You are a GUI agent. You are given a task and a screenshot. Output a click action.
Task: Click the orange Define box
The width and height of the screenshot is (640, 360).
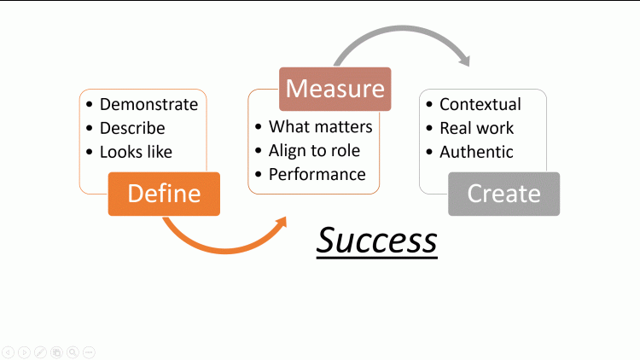tap(164, 194)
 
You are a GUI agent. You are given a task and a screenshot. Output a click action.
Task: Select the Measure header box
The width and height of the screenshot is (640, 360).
tap(335, 89)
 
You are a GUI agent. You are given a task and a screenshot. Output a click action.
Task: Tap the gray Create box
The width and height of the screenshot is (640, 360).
tap(503, 194)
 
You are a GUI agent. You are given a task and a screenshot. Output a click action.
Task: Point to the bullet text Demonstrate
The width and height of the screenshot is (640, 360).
tap(148, 105)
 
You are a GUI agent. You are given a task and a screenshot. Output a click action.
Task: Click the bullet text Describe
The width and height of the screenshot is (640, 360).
tap(132, 129)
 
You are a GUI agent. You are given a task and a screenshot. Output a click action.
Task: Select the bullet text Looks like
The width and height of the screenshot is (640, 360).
tap(136, 152)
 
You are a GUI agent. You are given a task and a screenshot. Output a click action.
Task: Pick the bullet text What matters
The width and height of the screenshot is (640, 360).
tap(320, 127)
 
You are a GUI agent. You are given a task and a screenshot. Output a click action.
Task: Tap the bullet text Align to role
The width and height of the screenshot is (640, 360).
tap(314, 151)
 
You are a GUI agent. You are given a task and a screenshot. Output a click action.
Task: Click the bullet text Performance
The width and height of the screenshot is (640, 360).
tap(317, 174)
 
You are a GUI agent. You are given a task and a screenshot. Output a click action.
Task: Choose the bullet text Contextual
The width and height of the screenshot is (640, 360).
tap(480, 105)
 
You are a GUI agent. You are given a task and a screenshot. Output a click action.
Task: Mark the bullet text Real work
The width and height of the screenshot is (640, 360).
tap(476, 129)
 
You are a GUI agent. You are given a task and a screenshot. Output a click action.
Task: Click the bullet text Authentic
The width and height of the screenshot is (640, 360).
tap(476, 152)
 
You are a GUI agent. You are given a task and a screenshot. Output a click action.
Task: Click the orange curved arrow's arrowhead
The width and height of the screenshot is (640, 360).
tap(280, 223)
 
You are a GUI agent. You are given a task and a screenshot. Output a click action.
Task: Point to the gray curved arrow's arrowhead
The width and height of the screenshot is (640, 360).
tap(463, 60)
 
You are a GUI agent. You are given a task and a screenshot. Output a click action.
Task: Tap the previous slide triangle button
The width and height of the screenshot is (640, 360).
tap(8, 351)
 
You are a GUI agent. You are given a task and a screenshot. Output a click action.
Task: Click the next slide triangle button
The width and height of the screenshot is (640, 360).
tap(24, 351)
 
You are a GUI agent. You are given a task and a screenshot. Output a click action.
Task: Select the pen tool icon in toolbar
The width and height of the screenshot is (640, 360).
tap(40, 351)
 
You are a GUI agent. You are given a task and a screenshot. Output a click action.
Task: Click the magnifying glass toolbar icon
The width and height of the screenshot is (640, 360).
tap(73, 351)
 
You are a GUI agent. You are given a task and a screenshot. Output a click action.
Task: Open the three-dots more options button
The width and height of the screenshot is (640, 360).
tap(89, 351)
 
